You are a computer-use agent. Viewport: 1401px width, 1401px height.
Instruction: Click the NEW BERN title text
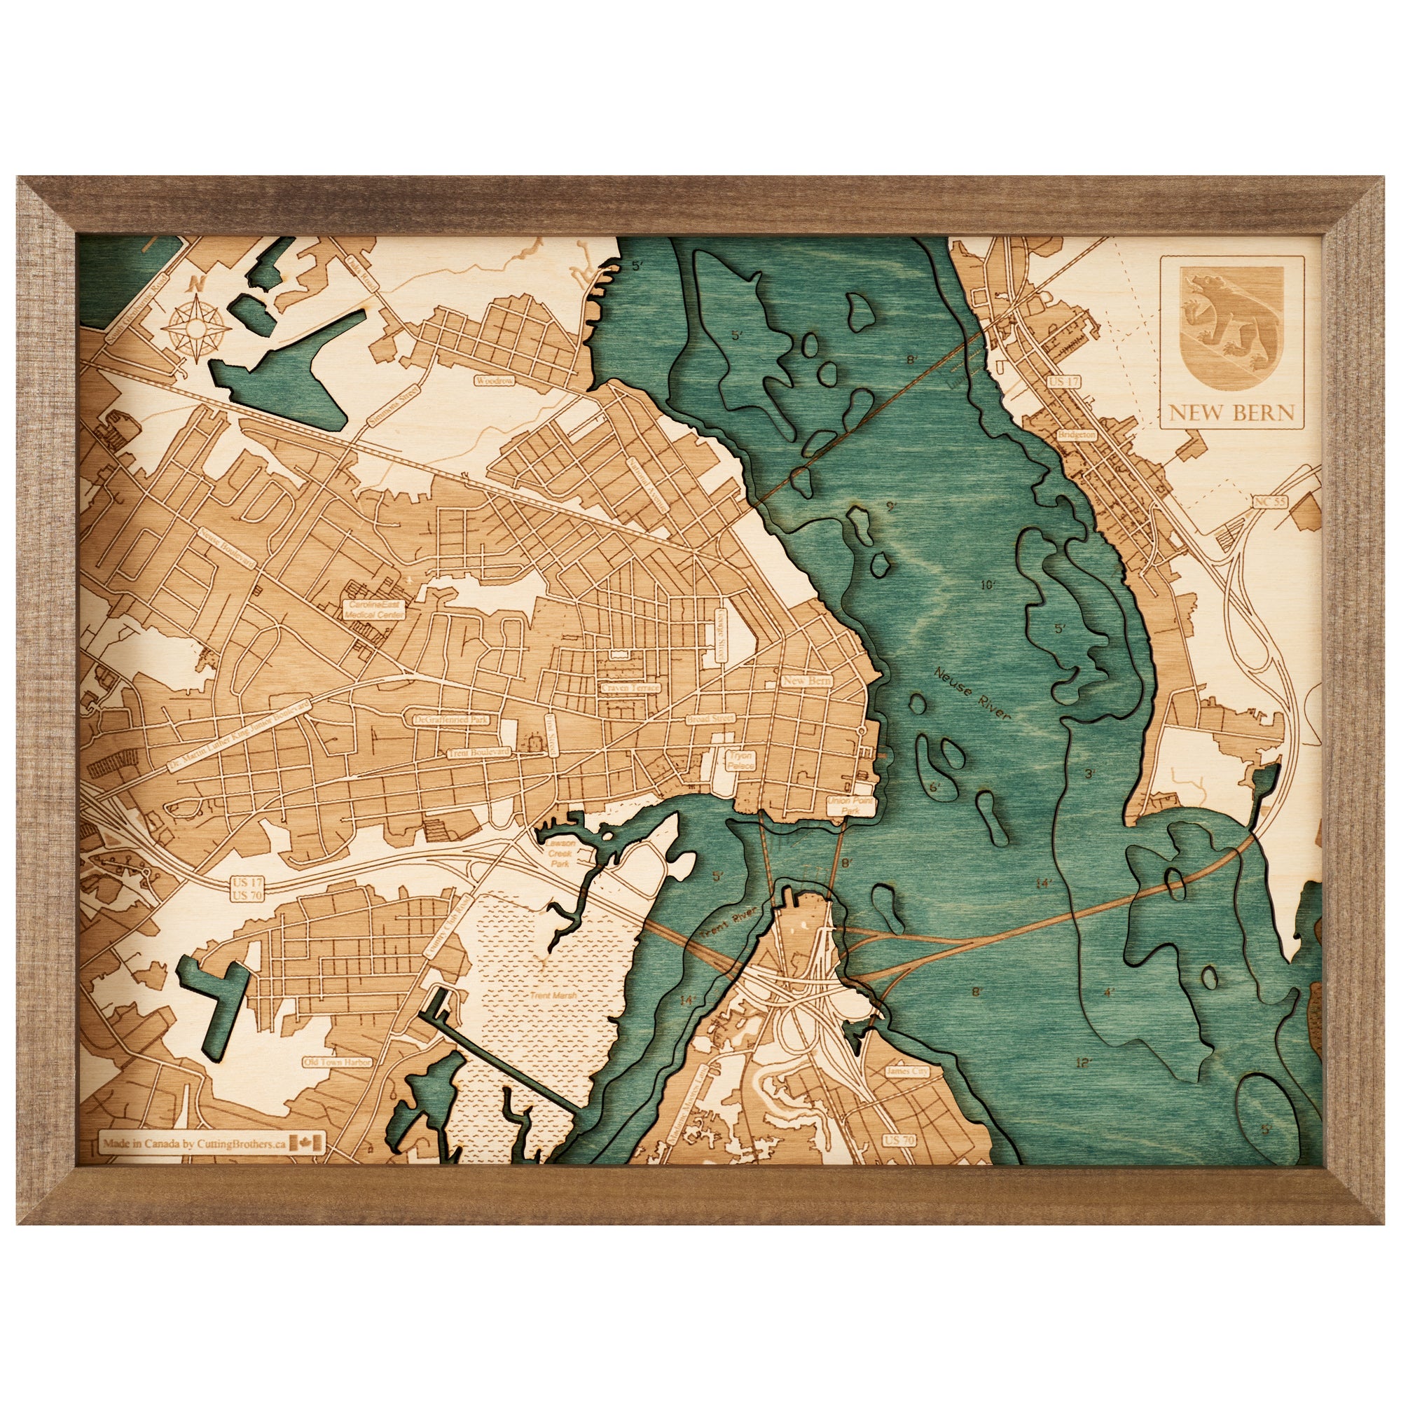[1231, 413]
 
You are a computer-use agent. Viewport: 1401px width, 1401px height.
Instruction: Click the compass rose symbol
[193, 325]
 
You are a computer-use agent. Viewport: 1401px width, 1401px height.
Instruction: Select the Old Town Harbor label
[338, 1061]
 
